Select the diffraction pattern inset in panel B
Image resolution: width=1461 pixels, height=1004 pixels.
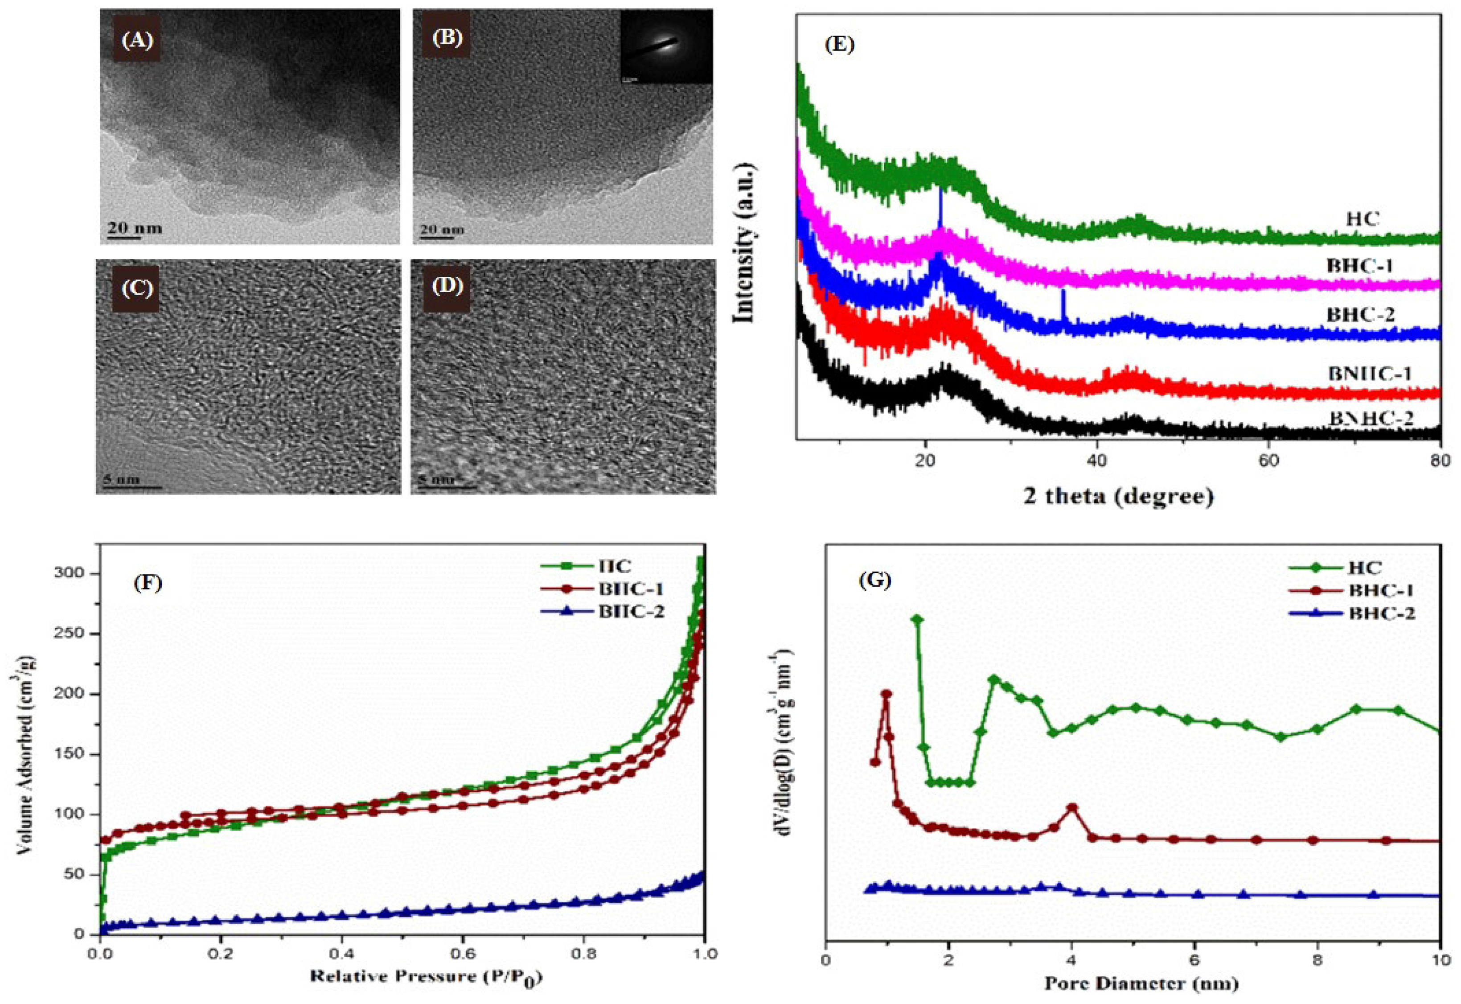pyautogui.click(x=665, y=46)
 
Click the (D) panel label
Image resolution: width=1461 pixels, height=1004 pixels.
pyautogui.click(x=447, y=287)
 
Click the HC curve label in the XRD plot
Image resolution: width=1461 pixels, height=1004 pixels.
pyautogui.click(x=1362, y=219)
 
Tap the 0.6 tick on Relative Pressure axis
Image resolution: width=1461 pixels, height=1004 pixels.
pyautogui.click(x=463, y=955)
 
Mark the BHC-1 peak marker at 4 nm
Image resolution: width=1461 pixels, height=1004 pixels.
pyautogui.click(x=1072, y=808)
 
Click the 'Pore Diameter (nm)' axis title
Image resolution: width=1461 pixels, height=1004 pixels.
pyautogui.click(x=1141, y=983)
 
